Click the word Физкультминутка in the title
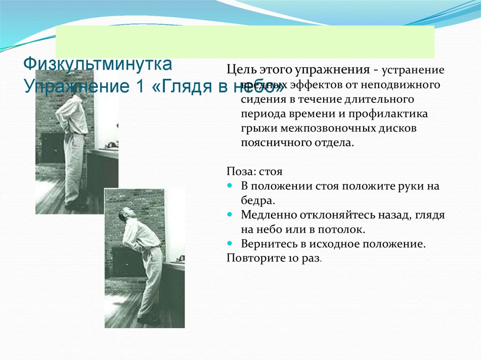[98, 62]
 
